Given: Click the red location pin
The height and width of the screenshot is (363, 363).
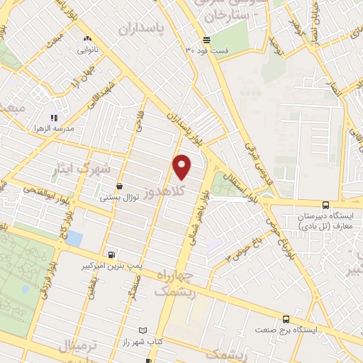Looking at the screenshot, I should click(x=182, y=166).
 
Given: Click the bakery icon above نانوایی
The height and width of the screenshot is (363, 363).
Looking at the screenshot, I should click(x=87, y=39).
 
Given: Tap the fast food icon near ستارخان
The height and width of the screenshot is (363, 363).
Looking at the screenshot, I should click(x=206, y=40).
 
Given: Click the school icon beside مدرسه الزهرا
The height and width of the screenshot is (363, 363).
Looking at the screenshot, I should click(x=52, y=118).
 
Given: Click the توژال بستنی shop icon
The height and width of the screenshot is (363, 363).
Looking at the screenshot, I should click(x=118, y=186).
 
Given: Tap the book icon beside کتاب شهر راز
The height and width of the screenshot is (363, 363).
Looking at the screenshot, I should click(x=143, y=331).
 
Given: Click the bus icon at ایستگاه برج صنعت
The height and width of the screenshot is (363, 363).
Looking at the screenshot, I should click(x=286, y=319).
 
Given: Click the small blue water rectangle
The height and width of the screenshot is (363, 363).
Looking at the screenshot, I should click(x=74, y=239).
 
